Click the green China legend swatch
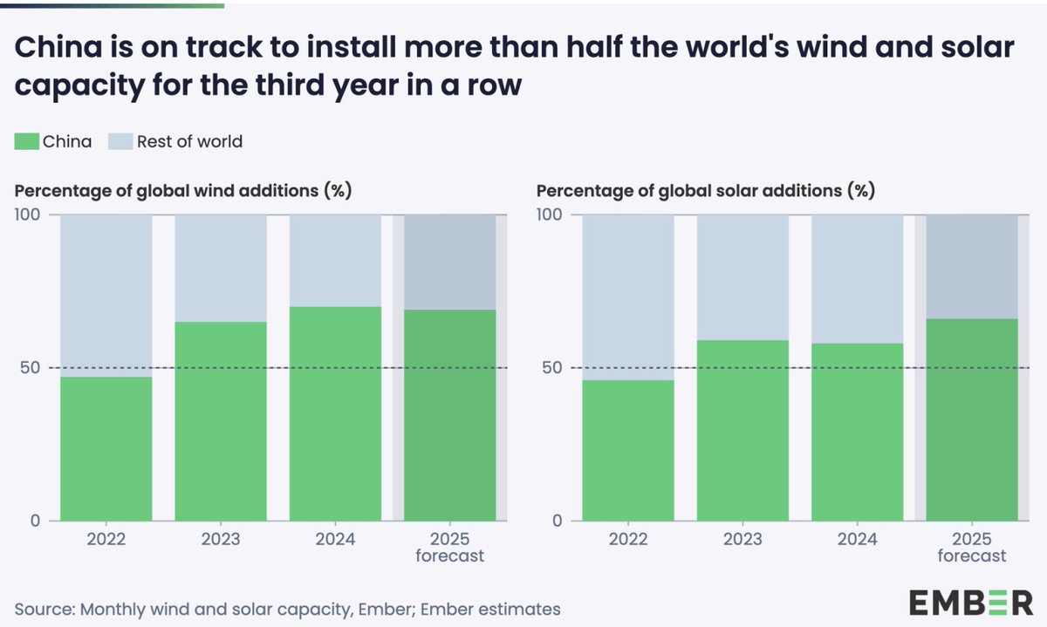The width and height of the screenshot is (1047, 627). [26, 141]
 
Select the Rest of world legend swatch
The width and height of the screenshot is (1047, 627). [120, 141]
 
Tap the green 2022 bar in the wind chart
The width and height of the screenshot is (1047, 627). [106, 448]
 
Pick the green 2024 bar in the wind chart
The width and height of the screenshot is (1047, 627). [335, 413]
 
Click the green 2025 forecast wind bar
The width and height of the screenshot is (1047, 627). [449, 415]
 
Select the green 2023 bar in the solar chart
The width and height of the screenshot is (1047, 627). [742, 430]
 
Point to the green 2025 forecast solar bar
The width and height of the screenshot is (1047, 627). [971, 419]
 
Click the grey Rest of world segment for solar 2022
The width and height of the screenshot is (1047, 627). [628, 297]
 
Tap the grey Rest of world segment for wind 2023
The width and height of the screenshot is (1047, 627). [221, 268]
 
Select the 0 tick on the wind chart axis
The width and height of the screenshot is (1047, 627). [35, 521]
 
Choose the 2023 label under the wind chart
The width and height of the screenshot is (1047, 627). [221, 539]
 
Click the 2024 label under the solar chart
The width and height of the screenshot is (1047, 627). [857, 539]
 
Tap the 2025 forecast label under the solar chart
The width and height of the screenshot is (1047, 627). [971, 547]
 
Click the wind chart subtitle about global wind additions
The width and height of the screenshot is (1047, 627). [182, 190]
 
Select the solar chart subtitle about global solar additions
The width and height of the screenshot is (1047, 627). [705, 190]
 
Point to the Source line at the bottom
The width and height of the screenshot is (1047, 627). [287, 609]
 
